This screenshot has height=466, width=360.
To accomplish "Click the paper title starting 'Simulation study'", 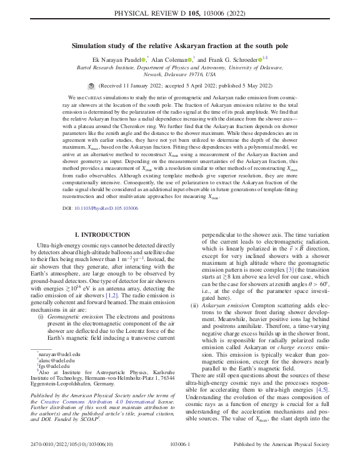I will [x=180, y=46].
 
